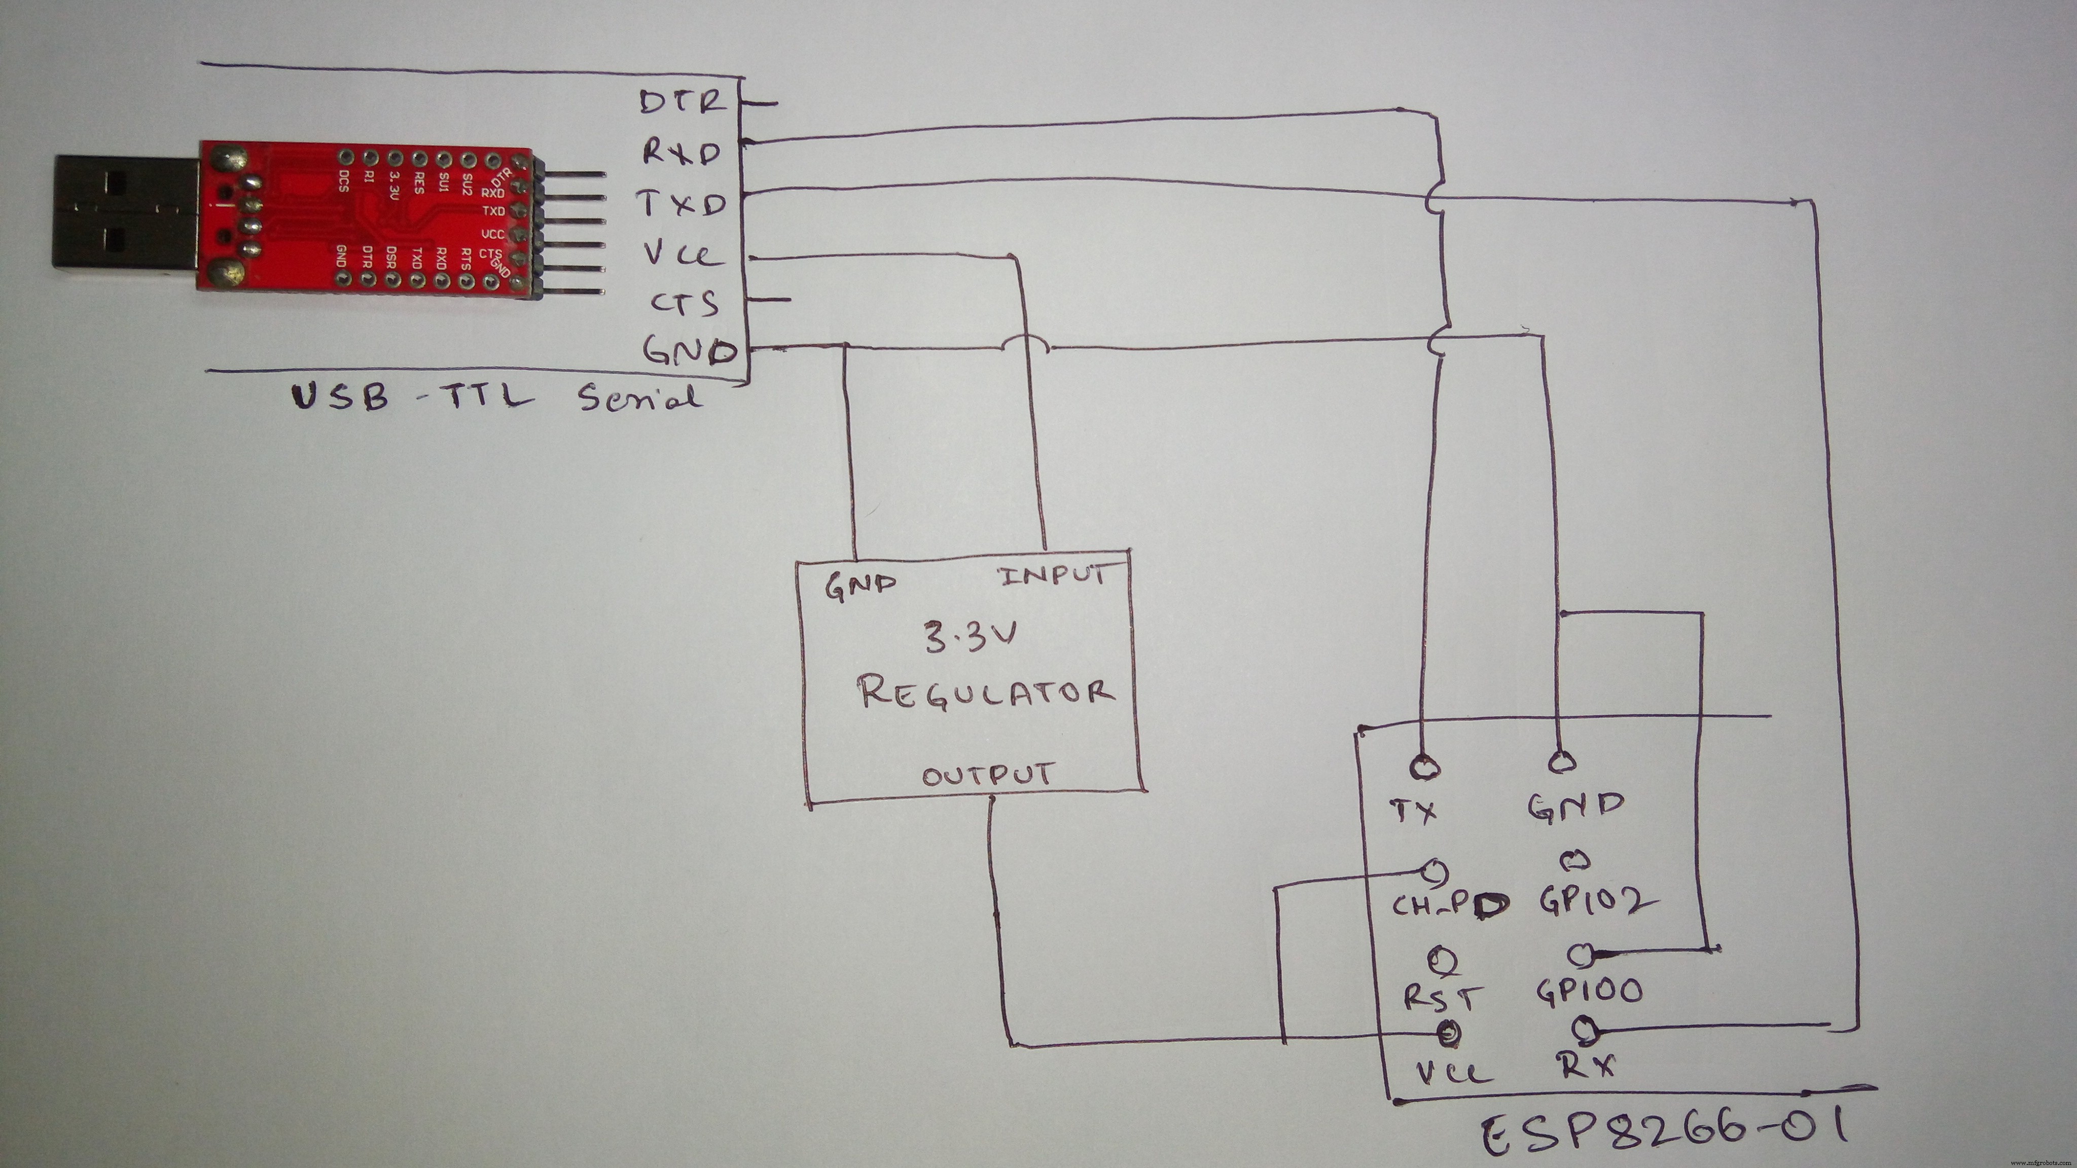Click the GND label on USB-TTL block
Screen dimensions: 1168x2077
point(690,351)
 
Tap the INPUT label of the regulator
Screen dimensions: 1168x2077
point(1052,575)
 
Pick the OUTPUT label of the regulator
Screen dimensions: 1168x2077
point(988,776)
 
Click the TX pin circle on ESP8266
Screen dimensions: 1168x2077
point(1425,766)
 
